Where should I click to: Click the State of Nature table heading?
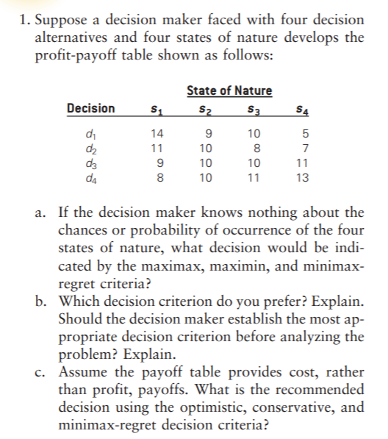229,90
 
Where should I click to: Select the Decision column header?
90,109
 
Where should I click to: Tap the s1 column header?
155,110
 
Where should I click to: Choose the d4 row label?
90,177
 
